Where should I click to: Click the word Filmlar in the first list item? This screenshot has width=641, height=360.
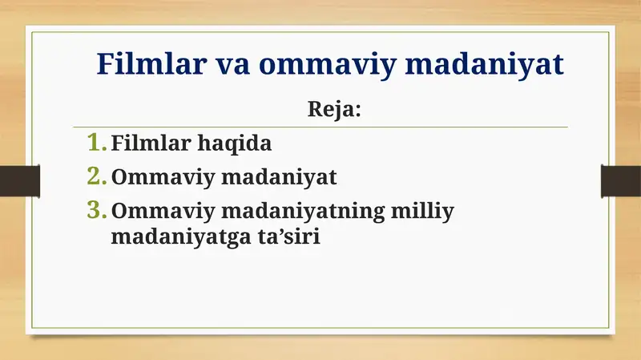tap(147, 144)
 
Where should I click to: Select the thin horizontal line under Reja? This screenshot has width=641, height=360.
tap(320, 127)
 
